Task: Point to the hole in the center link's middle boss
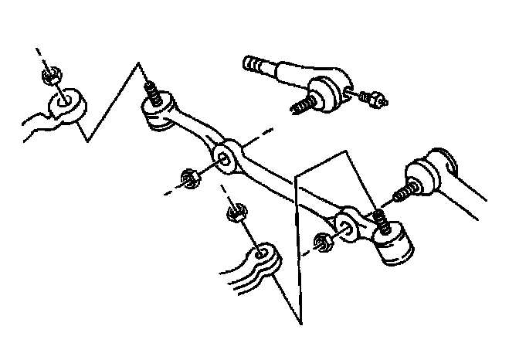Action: click(224, 158)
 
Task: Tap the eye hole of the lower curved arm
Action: click(263, 253)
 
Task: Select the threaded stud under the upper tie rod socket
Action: click(304, 101)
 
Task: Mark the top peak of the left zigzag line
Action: click(140, 62)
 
